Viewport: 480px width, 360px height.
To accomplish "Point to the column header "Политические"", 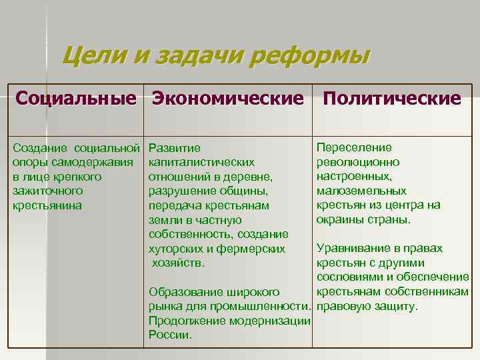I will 392,99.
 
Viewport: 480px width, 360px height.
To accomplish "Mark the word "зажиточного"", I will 48,191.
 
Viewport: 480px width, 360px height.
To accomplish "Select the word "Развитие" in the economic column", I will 174,147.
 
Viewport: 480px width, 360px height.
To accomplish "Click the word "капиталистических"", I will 201,162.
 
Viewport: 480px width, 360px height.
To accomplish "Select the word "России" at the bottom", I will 170,335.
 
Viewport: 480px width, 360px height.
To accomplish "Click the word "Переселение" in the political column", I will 354,147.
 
